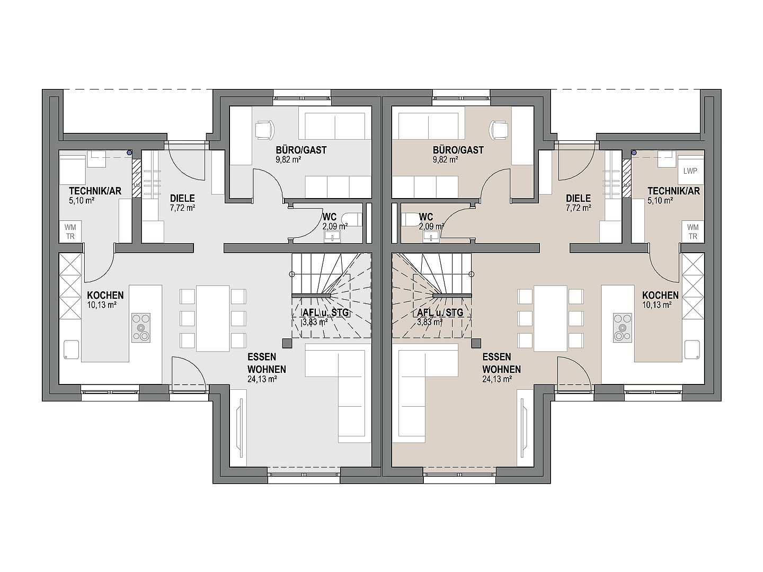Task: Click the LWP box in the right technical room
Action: (690, 171)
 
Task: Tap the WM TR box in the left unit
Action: (70, 231)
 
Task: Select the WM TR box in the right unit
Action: (693, 231)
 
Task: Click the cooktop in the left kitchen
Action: (141, 327)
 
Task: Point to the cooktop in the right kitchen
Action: (622, 327)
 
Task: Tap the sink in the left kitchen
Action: (71, 349)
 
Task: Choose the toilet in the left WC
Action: (352, 219)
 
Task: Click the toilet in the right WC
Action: (411, 219)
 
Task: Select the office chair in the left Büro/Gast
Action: (264, 130)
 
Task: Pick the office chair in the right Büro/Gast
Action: (499, 130)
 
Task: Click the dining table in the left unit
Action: (212, 318)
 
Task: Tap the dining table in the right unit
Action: (551, 318)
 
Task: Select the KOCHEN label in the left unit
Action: (105, 295)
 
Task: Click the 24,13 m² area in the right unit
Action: (496, 379)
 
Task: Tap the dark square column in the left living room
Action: (287, 343)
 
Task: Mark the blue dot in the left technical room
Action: (129, 152)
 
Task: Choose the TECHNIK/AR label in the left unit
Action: (95, 191)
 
